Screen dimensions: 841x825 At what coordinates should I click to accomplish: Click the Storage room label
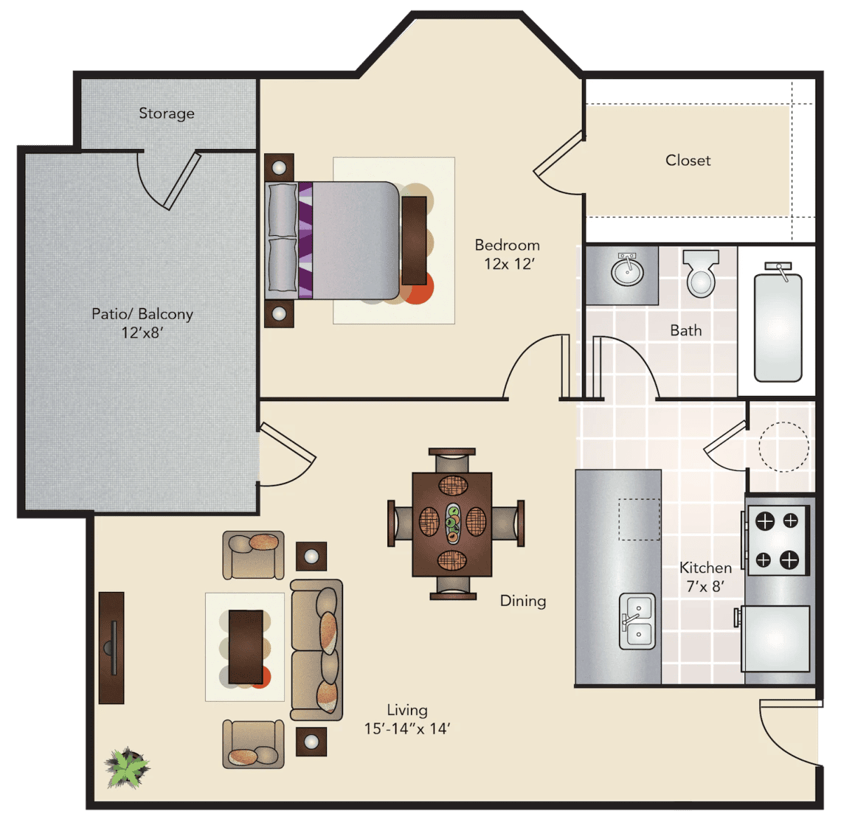pos(166,113)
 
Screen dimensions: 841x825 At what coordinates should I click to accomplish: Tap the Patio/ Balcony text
pos(142,314)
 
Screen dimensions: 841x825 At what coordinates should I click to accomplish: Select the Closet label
pos(688,160)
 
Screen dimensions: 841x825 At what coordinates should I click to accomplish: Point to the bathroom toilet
pos(701,274)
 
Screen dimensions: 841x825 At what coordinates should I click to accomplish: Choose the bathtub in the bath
pos(778,327)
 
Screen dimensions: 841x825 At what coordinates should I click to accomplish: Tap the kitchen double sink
pos(637,621)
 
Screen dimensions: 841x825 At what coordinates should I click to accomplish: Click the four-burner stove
pos(777,540)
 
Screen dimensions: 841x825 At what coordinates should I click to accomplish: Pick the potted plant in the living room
pos(127,767)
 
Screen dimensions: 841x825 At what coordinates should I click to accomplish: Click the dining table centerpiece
pos(453,523)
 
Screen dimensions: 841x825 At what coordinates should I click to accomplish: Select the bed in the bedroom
pos(333,240)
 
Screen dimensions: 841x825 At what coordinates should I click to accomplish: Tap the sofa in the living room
pos(316,650)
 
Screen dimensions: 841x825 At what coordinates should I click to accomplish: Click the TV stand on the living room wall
pos(111,647)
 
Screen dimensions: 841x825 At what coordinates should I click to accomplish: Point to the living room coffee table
pos(246,647)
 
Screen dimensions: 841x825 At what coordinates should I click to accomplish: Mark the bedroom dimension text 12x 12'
pos(509,264)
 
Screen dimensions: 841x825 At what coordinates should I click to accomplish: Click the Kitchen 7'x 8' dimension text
pos(705,586)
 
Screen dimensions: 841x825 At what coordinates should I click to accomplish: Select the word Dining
pos(523,601)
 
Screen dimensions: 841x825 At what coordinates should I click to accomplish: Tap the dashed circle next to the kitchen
pos(783,447)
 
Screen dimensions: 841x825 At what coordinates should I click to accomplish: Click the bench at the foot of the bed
pos(414,240)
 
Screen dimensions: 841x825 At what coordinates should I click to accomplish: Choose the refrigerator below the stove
pos(775,638)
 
